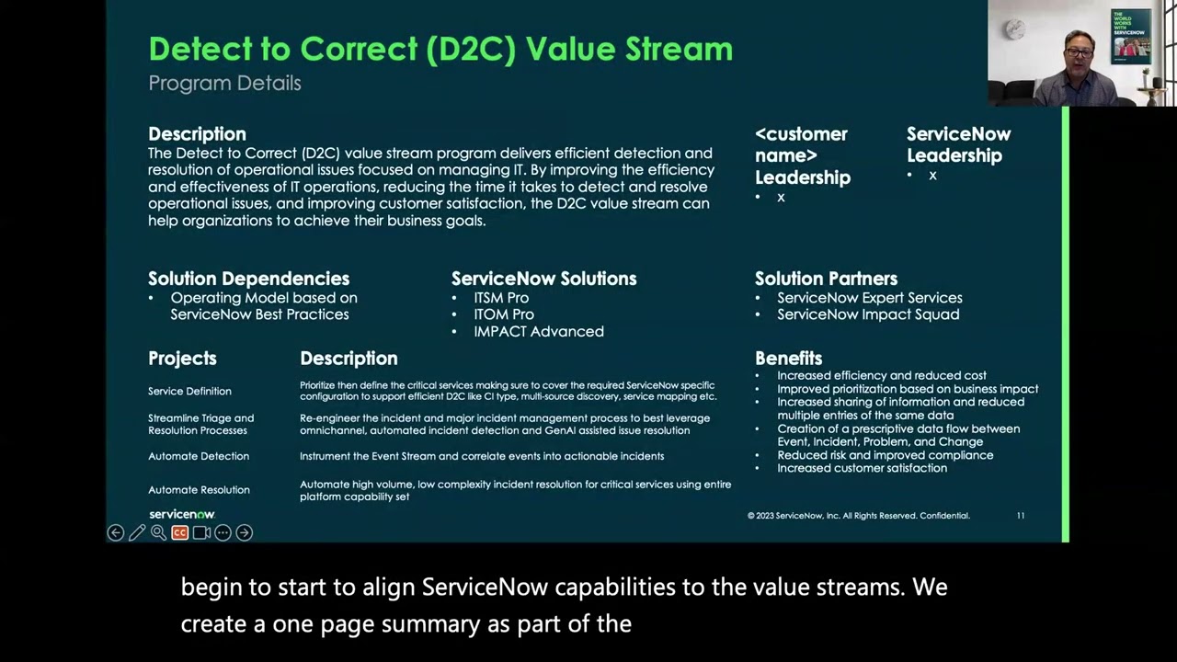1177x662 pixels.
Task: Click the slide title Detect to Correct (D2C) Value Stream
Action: coord(440,49)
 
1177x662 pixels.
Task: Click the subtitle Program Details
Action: coord(224,83)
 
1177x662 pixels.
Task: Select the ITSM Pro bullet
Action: coord(501,298)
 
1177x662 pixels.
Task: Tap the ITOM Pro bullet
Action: coord(503,314)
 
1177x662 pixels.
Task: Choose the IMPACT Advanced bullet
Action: coord(538,331)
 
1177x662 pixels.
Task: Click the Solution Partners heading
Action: coord(826,279)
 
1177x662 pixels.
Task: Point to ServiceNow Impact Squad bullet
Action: coord(867,314)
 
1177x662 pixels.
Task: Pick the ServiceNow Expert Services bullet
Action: coord(869,298)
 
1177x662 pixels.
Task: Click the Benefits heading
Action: coord(788,359)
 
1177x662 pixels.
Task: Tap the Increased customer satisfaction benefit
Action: coord(862,468)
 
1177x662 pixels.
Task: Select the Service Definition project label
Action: coord(189,391)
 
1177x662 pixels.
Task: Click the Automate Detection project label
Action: coord(199,456)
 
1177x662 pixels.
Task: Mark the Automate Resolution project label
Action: coord(199,490)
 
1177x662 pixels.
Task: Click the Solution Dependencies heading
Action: coord(248,279)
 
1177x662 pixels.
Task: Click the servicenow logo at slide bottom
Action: coord(182,515)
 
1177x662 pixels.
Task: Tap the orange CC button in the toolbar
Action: coord(179,532)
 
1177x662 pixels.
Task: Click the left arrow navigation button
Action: coord(115,532)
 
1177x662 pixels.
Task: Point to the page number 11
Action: coord(1020,516)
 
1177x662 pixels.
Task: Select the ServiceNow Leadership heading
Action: coord(958,145)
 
